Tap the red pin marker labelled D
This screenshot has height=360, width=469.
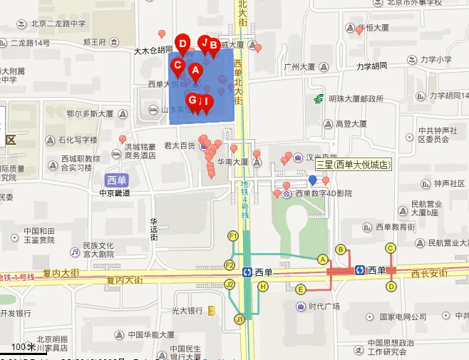(182, 45)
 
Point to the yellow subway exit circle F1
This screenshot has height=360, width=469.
(232, 236)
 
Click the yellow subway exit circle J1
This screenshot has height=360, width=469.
(239, 319)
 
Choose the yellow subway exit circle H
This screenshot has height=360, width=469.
(263, 287)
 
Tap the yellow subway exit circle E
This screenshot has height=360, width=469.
(301, 289)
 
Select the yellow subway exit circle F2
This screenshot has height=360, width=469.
(230, 265)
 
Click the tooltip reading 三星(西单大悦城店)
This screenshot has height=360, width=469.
(354, 165)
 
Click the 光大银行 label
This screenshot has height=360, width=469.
(187, 311)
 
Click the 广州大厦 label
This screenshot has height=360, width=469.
(299, 68)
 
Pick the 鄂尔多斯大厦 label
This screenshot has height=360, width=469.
(89, 113)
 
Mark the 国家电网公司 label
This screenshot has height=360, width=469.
(402, 317)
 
